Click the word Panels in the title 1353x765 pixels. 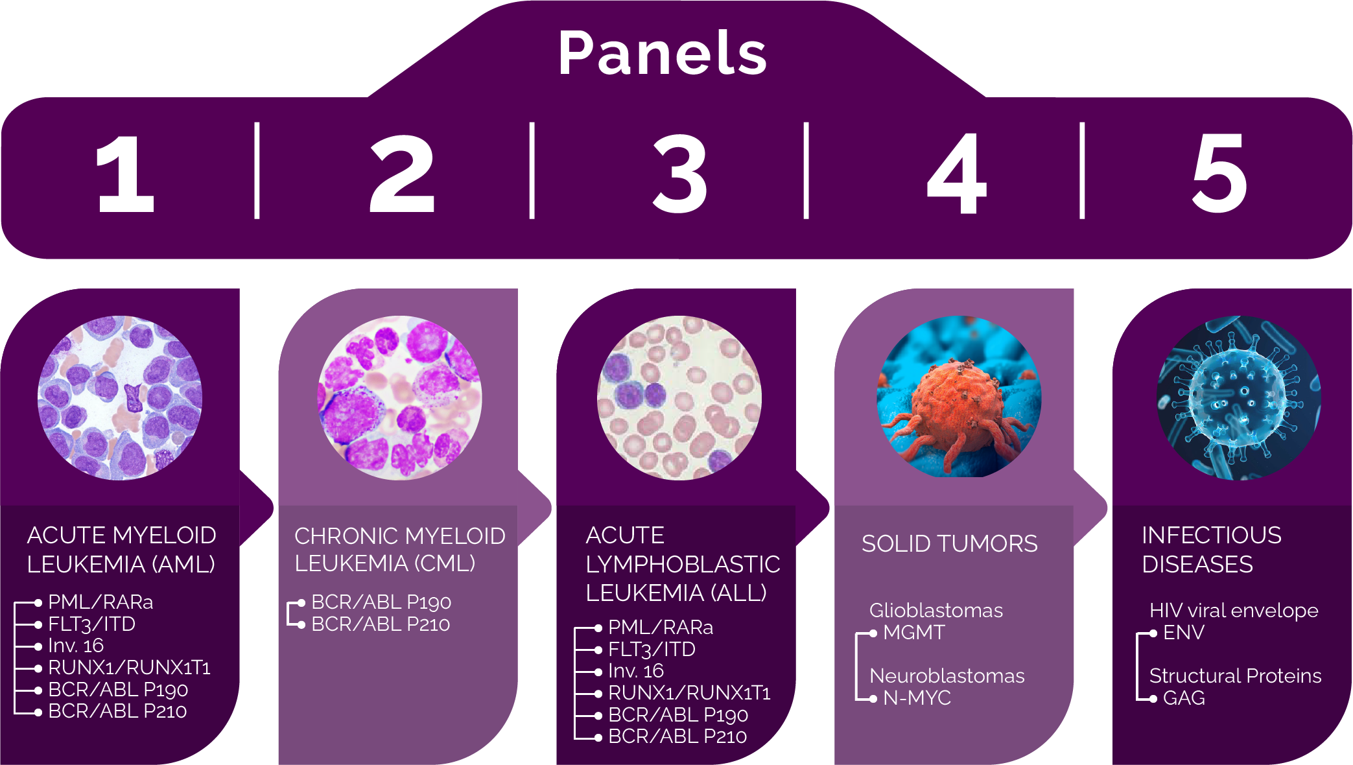[x=663, y=53]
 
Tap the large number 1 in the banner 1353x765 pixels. [x=126, y=173]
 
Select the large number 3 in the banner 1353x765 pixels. [x=679, y=173]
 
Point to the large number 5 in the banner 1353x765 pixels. [x=1219, y=173]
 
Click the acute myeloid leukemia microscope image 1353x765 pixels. [x=120, y=398]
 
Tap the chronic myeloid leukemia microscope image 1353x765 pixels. [x=399, y=398]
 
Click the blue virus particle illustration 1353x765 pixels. [x=1239, y=398]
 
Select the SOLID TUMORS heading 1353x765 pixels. [x=950, y=543]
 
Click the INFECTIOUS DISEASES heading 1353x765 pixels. [x=1212, y=550]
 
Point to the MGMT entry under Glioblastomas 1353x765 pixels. [x=914, y=632]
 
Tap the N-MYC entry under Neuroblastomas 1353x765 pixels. [x=917, y=698]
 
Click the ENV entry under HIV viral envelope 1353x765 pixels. [x=1184, y=632]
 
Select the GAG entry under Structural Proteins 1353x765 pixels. [x=1184, y=698]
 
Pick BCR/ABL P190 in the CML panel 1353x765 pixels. [x=381, y=602]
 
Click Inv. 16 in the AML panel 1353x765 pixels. [x=76, y=646]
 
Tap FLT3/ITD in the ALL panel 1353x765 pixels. [x=652, y=649]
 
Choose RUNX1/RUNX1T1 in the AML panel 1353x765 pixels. [x=130, y=668]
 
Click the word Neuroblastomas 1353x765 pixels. [x=947, y=676]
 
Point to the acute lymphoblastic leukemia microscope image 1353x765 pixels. [x=679, y=398]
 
